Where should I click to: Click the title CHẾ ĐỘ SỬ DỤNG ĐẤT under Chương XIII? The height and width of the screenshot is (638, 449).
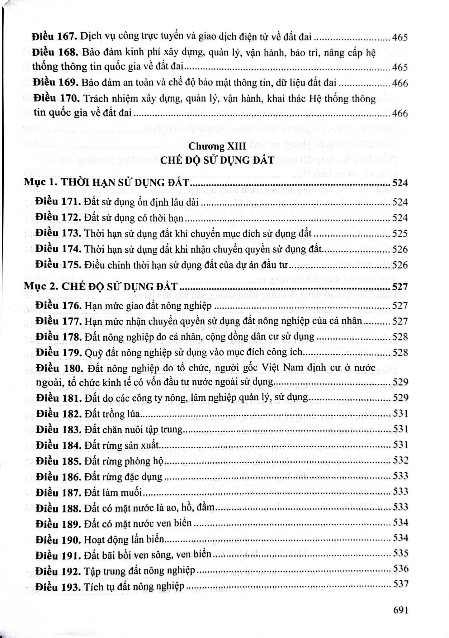[217, 160]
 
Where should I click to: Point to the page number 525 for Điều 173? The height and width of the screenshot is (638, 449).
[400, 234]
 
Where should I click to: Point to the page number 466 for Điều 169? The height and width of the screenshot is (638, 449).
[400, 83]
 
